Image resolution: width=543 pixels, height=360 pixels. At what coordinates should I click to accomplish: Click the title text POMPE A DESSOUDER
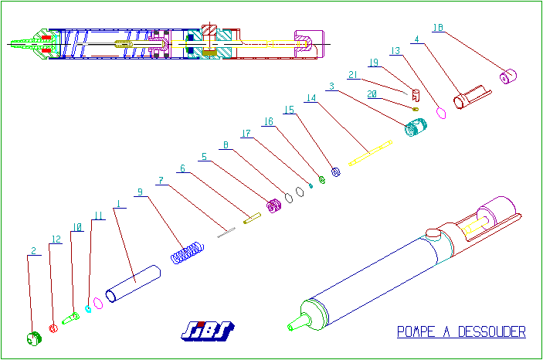pos(461,332)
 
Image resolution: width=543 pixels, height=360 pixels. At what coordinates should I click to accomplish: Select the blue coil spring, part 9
pos(187,252)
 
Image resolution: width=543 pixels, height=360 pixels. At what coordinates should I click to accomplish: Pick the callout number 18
pos(437,27)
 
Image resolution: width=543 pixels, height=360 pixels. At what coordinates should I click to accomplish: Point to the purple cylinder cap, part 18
pos(509,76)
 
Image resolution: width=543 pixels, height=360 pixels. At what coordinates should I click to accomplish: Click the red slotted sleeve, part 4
pos(470,97)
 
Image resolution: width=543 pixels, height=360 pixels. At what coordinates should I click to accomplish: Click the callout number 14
pos(311,98)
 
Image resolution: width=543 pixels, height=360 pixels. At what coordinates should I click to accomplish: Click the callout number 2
pos(33,250)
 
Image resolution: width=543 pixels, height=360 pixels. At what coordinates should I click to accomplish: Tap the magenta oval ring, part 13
pos(443,113)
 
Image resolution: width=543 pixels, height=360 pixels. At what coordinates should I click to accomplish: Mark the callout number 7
pos(161,180)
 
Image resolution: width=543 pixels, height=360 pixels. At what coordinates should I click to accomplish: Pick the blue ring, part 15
pos(336,172)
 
